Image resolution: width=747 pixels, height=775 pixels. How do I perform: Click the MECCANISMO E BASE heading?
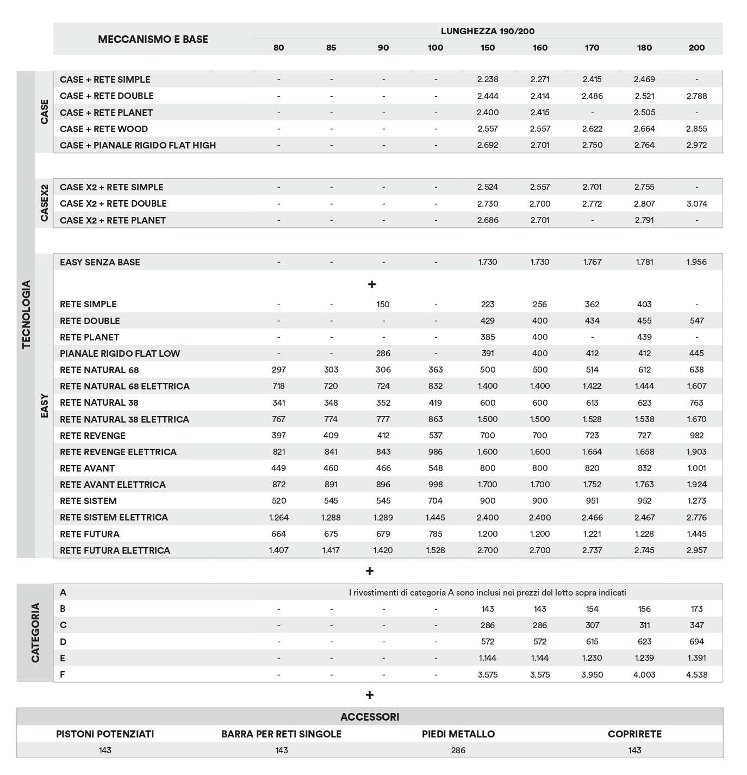153,39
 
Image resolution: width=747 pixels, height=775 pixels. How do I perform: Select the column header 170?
592,48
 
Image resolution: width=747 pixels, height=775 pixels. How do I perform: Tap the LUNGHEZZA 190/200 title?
487,31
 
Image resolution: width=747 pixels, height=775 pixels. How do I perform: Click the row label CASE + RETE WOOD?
104,129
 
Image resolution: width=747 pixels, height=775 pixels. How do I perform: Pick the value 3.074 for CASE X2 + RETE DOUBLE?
696,204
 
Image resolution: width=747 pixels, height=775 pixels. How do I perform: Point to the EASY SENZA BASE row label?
100,262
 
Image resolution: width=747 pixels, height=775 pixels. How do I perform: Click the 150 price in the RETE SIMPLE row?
383,305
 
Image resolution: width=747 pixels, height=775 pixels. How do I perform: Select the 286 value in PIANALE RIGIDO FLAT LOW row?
383,354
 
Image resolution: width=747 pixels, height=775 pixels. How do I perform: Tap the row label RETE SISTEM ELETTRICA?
114,517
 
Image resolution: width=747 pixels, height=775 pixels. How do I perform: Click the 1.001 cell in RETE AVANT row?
696,468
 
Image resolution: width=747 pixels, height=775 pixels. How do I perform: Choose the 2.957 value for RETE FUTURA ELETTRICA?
696,550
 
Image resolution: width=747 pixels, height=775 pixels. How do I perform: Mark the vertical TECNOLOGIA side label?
26,314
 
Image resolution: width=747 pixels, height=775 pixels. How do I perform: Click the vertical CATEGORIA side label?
35,633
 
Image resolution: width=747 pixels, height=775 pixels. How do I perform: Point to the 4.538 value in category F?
696,675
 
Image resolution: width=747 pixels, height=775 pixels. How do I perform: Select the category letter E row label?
63,658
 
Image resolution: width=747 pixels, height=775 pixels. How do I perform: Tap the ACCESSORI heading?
370,717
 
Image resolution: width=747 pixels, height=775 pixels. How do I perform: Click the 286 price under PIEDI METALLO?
458,751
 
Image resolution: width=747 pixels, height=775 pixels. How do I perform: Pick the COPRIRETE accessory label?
634,734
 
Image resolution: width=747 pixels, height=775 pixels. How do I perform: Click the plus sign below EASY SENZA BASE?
372,284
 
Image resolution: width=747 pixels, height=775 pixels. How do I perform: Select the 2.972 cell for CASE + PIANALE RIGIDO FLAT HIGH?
696,145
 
